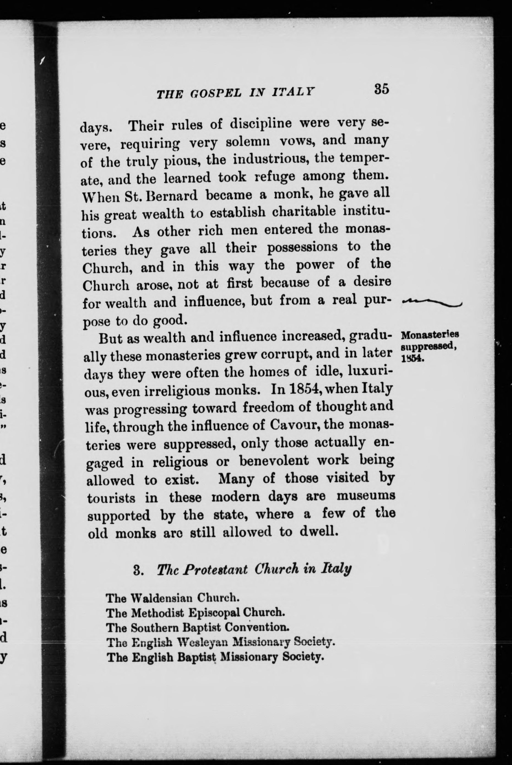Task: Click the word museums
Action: [x=366, y=496]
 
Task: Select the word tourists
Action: [x=111, y=499]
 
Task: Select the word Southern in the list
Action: [x=155, y=628]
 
